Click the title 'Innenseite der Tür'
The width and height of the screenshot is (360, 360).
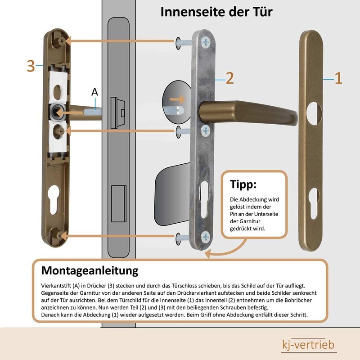216,12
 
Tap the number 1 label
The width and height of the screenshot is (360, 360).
338,79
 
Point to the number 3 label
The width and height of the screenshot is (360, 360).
31,66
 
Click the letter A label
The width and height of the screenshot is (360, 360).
94,92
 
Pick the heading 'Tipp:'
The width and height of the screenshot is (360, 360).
243,184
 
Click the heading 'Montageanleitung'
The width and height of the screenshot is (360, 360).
90,271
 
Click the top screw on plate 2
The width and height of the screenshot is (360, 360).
206,42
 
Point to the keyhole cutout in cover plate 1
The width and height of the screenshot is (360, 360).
314,200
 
